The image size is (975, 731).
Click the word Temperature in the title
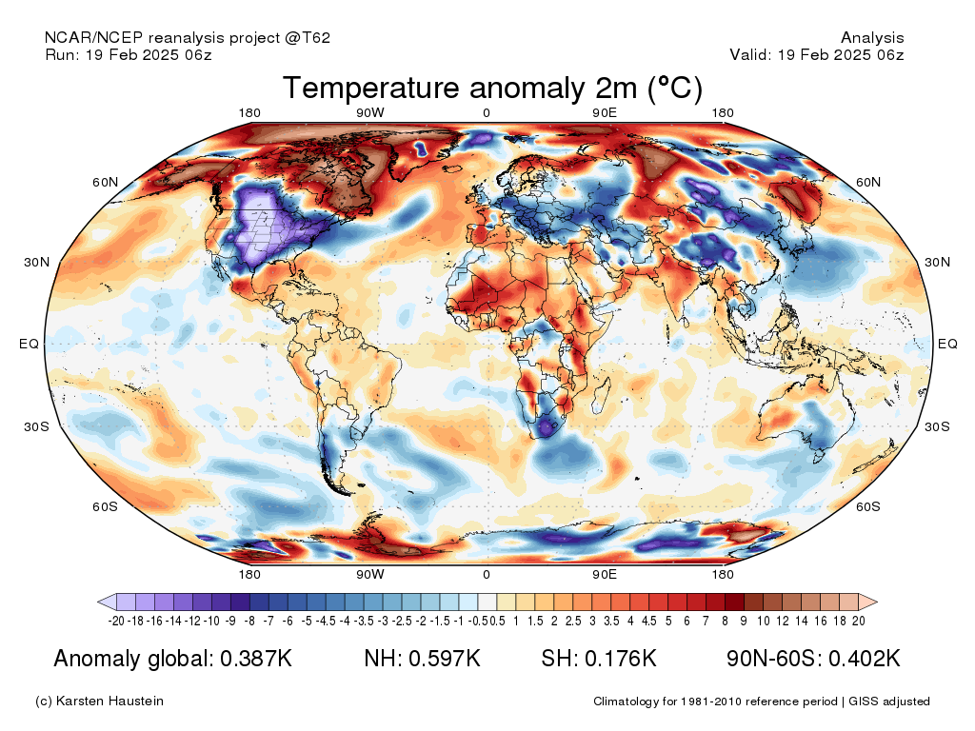pyautogui.click(x=371, y=88)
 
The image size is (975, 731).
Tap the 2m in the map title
pyautogui.click(x=616, y=88)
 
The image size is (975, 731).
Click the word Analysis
pyautogui.click(x=872, y=38)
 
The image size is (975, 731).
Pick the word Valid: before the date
pyautogui.click(x=751, y=54)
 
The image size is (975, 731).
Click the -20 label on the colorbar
pyautogui.click(x=116, y=621)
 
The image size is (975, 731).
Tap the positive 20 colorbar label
pyautogui.click(x=859, y=621)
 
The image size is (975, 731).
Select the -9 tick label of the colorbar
pyautogui.click(x=230, y=621)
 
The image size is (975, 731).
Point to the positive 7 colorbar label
pyautogui.click(x=706, y=621)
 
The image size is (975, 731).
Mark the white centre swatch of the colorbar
pyautogui.click(x=487, y=602)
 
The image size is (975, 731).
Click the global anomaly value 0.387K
pyautogui.click(x=256, y=659)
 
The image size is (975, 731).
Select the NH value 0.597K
pyautogui.click(x=445, y=659)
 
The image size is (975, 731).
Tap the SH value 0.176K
pyautogui.click(x=621, y=659)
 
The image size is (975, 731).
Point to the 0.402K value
pyautogui.click(x=865, y=659)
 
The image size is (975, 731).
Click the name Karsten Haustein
pyautogui.click(x=109, y=701)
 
